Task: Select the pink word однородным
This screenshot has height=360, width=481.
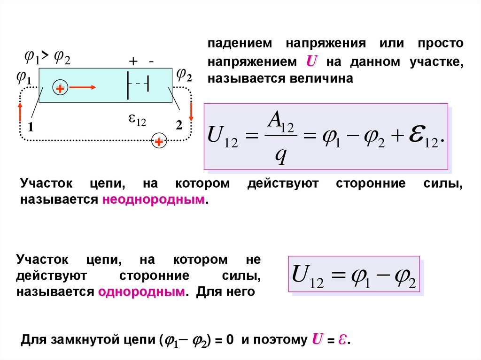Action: pyautogui.click(x=141, y=292)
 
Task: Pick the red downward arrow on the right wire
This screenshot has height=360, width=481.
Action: pyautogui.click(x=192, y=112)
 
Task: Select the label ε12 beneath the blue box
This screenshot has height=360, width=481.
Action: pyautogui.click(x=138, y=121)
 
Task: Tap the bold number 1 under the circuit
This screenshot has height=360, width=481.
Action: pyautogui.click(x=31, y=126)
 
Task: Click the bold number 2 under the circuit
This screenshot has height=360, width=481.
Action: pyautogui.click(x=178, y=126)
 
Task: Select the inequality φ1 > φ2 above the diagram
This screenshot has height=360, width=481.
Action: pyautogui.click(x=47, y=57)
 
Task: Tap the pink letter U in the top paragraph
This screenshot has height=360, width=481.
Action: pyautogui.click(x=310, y=61)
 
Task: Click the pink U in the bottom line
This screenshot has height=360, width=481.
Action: pyautogui.click(x=317, y=340)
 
